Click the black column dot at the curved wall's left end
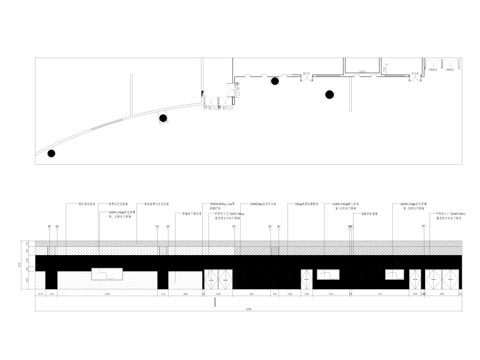click(x=51, y=153)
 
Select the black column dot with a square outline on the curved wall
click(x=163, y=118)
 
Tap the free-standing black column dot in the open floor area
click(x=329, y=95)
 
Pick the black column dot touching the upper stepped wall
click(x=275, y=81)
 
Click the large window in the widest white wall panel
click(x=107, y=275)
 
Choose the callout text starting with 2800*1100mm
click(x=414, y=207)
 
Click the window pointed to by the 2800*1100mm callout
click(x=395, y=275)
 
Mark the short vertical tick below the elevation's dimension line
click(x=215, y=303)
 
